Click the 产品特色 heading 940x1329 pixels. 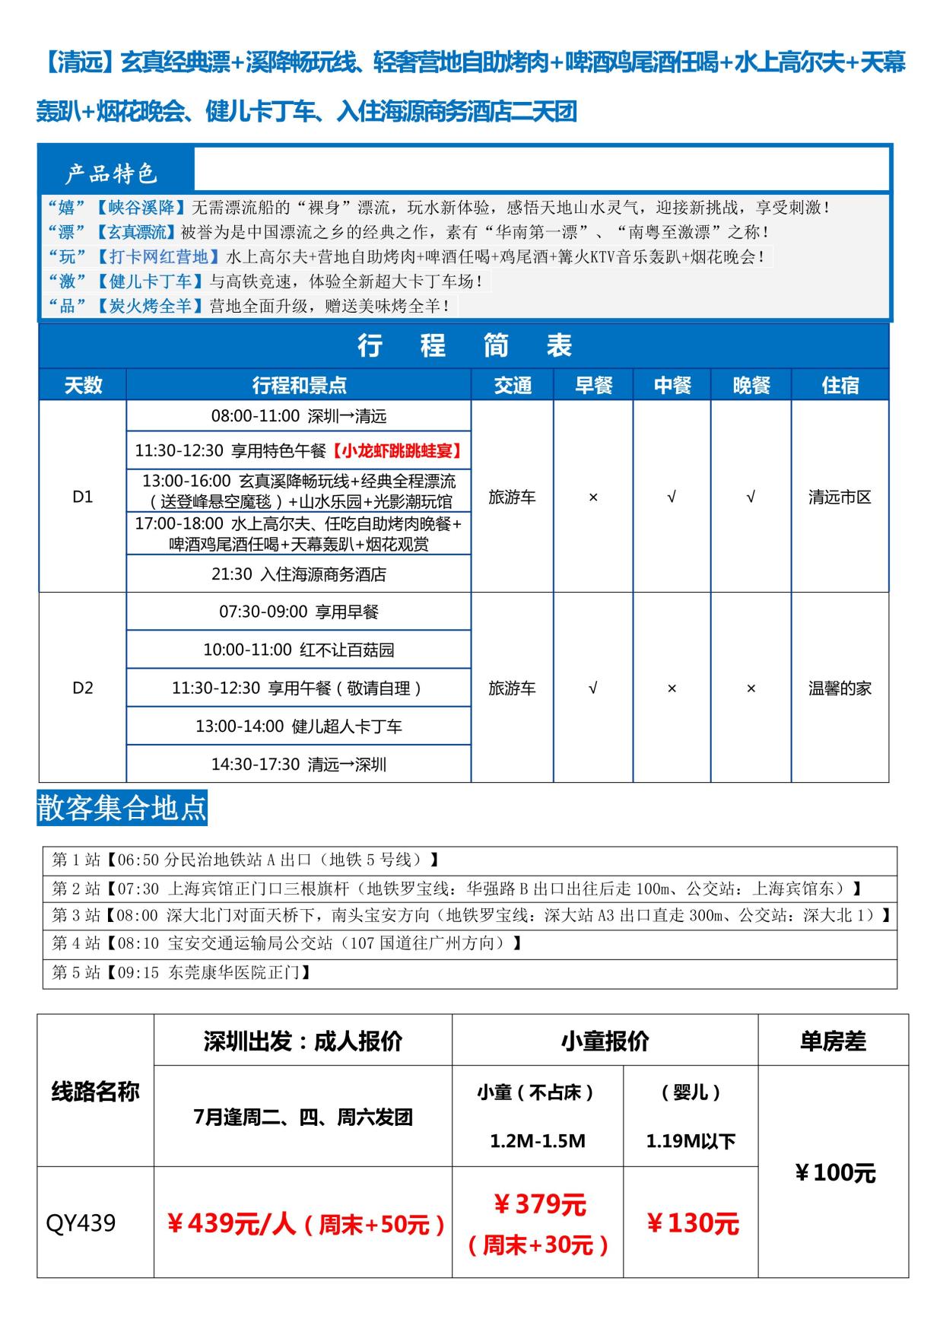[111, 173]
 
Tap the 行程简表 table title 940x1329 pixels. [464, 346]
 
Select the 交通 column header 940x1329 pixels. [513, 385]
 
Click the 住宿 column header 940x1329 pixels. [840, 385]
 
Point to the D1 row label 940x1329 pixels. [82, 497]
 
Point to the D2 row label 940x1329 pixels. [82, 688]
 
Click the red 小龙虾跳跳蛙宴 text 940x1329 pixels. [397, 450]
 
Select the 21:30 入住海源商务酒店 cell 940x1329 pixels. [298, 574]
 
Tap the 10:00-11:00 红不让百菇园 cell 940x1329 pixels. [298, 650]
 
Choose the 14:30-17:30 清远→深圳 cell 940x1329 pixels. [298, 764]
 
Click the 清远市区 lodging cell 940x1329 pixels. [840, 497]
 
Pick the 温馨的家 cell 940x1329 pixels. [840, 688]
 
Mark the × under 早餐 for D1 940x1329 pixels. [593, 497]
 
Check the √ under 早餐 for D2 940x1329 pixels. [593, 688]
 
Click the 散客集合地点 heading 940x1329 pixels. [122, 808]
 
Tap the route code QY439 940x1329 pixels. [81, 1223]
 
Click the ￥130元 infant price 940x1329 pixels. [692, 1223]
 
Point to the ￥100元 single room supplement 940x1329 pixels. [834, 1172]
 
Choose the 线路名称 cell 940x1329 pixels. [95, 1092]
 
